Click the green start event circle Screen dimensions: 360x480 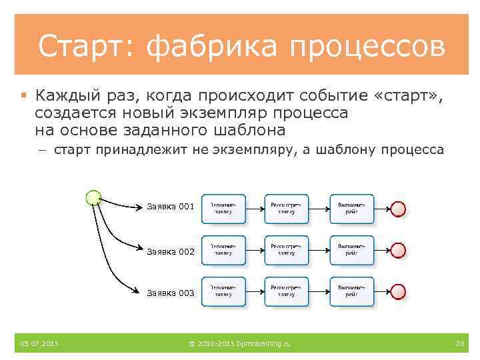94,197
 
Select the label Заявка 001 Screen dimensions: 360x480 171,207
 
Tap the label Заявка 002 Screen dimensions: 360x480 171,251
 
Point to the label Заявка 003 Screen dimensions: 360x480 171,293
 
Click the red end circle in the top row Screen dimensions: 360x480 398,209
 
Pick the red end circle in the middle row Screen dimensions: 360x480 398,251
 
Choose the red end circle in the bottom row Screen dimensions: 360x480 398,292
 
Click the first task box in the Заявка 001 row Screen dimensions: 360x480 223,209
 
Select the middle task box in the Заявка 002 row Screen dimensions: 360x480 287,250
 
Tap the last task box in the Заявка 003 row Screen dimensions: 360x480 352,291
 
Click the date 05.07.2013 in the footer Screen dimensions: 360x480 39,343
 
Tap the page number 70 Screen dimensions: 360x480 459,343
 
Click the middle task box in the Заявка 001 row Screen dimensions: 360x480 287,209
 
